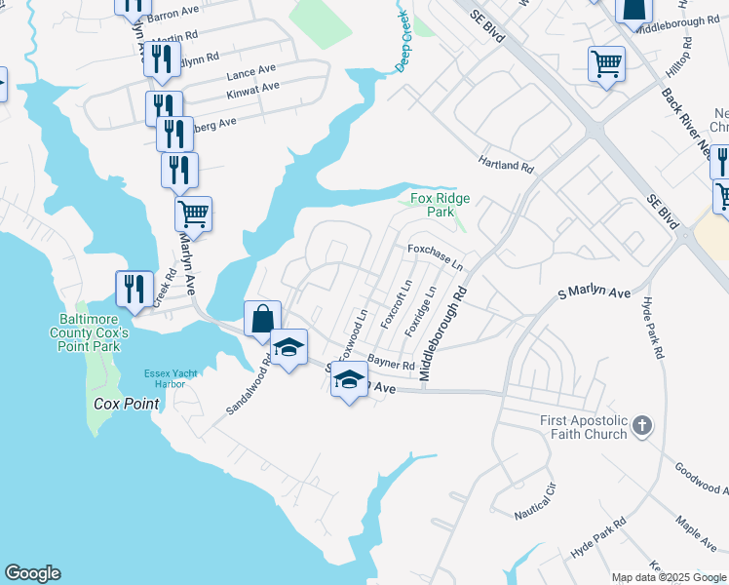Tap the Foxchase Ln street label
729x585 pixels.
(435, 256)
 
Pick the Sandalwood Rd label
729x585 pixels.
(248, 386)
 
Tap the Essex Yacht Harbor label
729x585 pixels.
(164, 378)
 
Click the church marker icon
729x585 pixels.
(641, 425)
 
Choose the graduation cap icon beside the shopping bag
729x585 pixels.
(289, 347)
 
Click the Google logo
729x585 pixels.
(32, 573)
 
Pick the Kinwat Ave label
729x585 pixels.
(252, 88)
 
